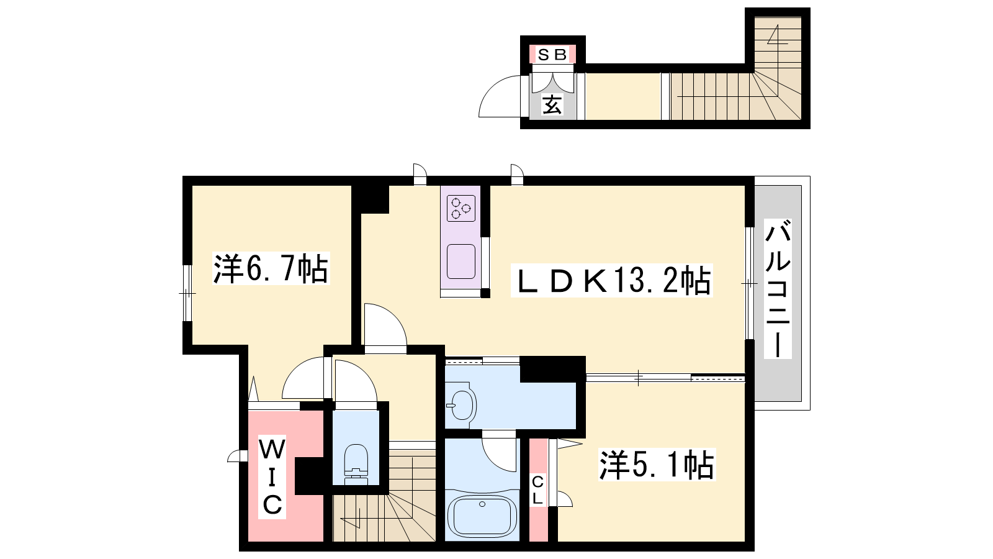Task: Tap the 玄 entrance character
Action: pos(552,105)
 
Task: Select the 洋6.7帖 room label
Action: pos(271,269)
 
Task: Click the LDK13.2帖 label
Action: pos(611,280)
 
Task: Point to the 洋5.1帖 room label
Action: pos(657,465)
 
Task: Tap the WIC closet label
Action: pos(272,477)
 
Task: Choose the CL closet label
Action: pos(537,490)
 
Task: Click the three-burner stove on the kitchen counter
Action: pos(461,208)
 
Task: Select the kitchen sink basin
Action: pos(461,261)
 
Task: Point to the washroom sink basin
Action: pos(461,404)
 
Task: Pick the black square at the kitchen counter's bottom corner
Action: pos(485,293)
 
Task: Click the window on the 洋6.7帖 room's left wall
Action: pos(187,293)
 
